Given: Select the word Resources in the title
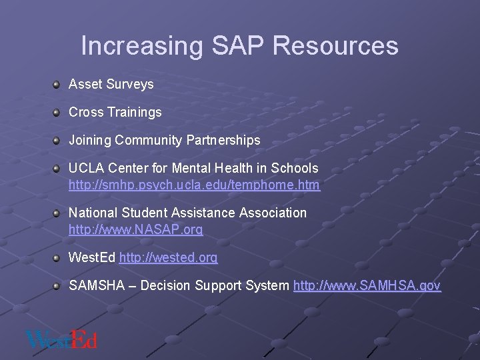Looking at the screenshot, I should (x=335, y=46).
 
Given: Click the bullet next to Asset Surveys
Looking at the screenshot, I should (x=57, y=84).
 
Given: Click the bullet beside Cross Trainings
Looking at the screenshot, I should (x=57, y=112).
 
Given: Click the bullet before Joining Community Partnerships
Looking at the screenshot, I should (x=57, y=140).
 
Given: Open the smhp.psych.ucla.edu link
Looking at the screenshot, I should (x=194, y=185).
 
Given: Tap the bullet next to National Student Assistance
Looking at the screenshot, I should (x=57, y=213).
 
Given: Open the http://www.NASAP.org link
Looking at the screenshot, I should (x=136, y=230).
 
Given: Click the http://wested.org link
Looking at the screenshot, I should (x=168, y=258).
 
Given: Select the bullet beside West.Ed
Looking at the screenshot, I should (x=57, y=257).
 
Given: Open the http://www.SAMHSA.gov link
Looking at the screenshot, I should (x=367, y=286).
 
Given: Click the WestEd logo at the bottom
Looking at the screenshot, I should (x=61, y=339).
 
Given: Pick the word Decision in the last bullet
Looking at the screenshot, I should (x=165, y=286).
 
